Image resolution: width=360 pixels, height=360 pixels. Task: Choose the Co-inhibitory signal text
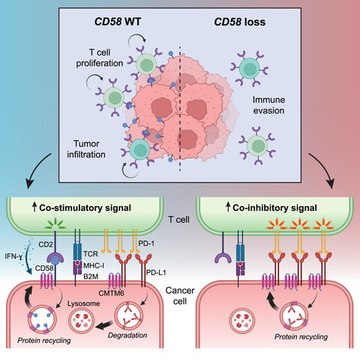click(x=274, y=205)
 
